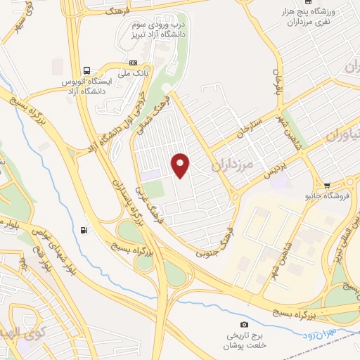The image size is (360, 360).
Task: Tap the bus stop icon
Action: pyautogui.click(x=86, y=70)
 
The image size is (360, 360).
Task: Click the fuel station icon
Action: pyautogui.click(x=85, y=229)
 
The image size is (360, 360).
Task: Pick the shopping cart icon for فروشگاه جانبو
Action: pyautogui.click(x=326, y=185)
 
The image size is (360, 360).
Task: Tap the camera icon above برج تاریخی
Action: pyautogui.click(x=244, y=324)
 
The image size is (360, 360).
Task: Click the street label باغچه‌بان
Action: pyautogui.click(x=276, y=83)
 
